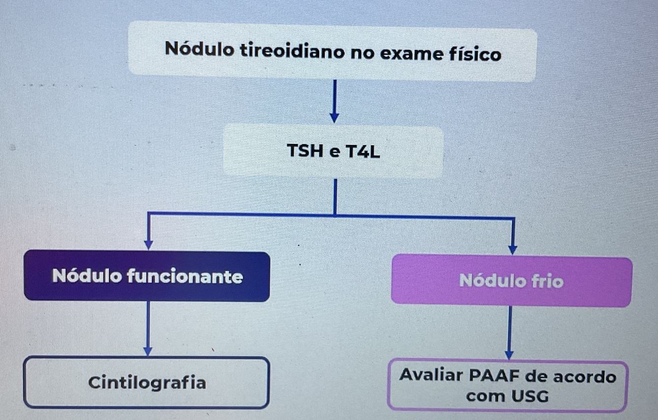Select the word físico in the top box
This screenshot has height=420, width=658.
(x=475, y=53)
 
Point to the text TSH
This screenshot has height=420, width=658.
(x=304, y=151)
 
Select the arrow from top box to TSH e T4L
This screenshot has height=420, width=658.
(x=334, y=101)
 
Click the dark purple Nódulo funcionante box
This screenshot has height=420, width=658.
(x=147, y=276)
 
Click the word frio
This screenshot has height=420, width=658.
(x=547, y=281)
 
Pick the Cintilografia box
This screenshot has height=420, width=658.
(x=147, y=383)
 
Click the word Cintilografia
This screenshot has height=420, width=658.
(x=147, y=382)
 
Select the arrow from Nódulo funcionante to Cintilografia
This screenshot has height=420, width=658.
(x=147, y=328)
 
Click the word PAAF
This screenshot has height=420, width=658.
(x=494, y=376)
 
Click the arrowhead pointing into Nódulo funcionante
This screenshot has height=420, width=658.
(x=148, y=245)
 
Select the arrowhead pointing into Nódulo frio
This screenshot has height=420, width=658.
(x=512, y=249)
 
